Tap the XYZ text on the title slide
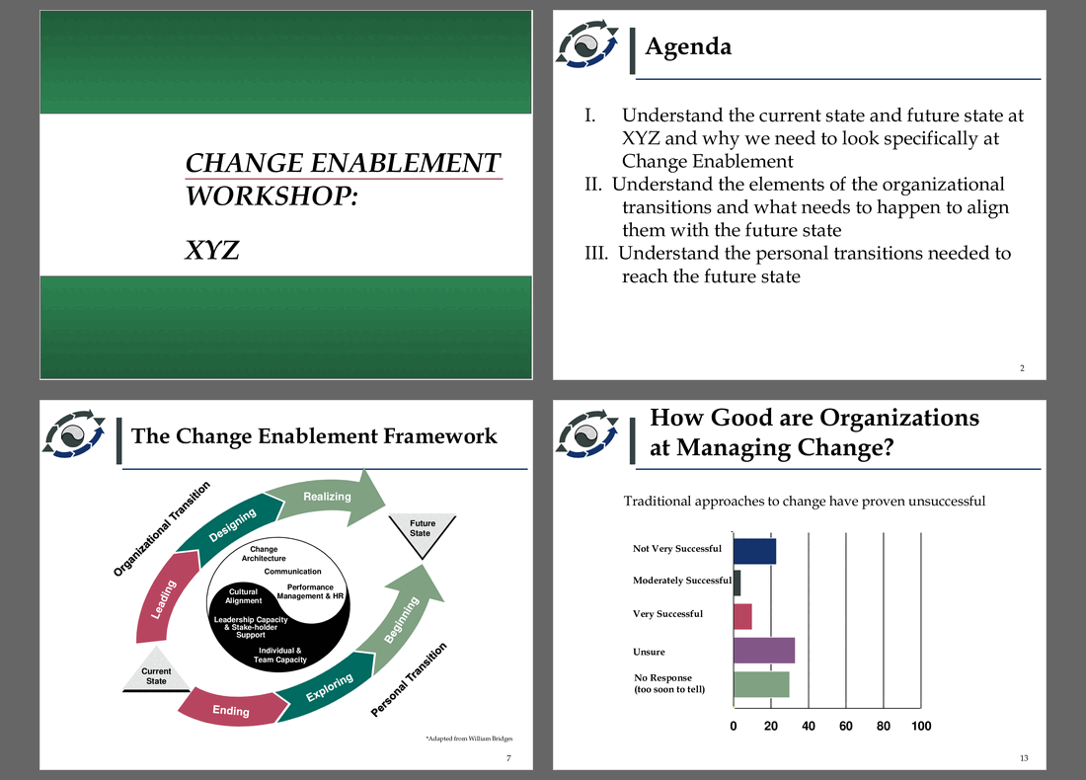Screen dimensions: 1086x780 [x=212, y=250]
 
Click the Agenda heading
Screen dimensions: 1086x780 [x=688, y=46]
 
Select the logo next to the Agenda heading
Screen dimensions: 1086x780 [x=587, y=44]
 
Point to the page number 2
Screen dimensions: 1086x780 [x=1022, y=368]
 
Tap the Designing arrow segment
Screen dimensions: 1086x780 [x=231, y=525]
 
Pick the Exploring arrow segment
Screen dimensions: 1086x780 [x=328, y=686]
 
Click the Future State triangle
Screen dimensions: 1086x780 [x=422, y=534]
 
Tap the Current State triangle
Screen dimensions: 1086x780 [x=156, y=670]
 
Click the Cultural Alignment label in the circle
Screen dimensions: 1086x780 [x=243, y=595]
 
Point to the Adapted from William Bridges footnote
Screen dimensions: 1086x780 [x=469, y=739]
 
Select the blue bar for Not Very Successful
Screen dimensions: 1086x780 [x=754, y=551]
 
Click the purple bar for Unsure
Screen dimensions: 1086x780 [x=764, y=651]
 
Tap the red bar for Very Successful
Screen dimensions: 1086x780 [x=742, y=616]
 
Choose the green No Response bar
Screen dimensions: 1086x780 [x=761, y=684]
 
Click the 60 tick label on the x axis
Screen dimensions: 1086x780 [x=846, y=726]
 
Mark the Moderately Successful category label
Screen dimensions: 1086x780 [x=681, y=581]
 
